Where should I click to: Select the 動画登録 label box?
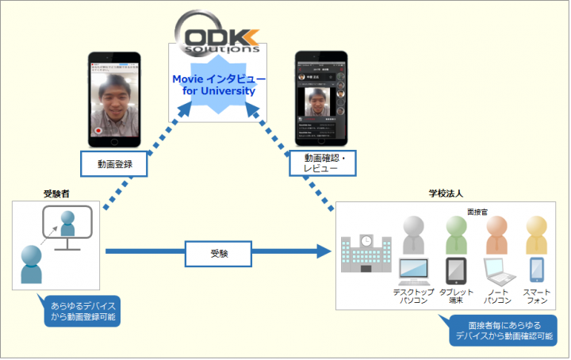pyautogui.click(x=116, y=164)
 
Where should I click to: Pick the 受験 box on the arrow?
pyautogui.click(x=219, y=253)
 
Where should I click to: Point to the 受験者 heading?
pyautogui.click(x=57, y=193)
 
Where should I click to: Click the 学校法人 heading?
pyautogui.click(x=444, y=193)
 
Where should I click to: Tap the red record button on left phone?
pyautogui.click(x=98, y=129)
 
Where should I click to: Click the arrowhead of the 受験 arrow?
pyautogui.click(x=321, y=252)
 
